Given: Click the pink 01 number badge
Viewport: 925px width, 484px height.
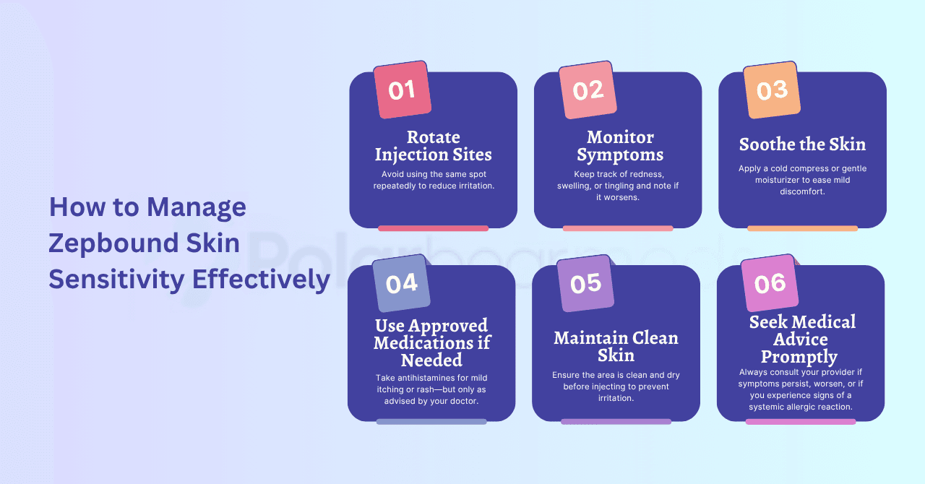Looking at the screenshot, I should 402,90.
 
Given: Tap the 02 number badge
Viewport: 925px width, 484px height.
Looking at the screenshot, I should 588,90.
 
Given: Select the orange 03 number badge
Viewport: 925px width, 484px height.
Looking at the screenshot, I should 772,90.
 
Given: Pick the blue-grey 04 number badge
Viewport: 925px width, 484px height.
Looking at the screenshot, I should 401,284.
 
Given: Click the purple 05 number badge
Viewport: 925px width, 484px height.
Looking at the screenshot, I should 585,284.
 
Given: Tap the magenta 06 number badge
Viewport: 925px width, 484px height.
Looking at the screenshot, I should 770,284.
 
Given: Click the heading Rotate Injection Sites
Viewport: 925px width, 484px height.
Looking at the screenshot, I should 433,146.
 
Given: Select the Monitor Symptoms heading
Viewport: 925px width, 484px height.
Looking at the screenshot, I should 620,146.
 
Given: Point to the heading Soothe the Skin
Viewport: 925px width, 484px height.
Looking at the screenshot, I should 802,144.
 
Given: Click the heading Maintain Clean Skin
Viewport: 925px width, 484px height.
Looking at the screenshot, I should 616,346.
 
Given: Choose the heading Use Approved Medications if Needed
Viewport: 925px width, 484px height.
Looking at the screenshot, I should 432,342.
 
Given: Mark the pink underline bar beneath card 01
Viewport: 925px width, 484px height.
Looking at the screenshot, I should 433,228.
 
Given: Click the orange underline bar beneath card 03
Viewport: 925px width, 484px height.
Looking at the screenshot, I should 802,228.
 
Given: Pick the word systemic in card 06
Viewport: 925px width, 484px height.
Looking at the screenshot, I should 771,407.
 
